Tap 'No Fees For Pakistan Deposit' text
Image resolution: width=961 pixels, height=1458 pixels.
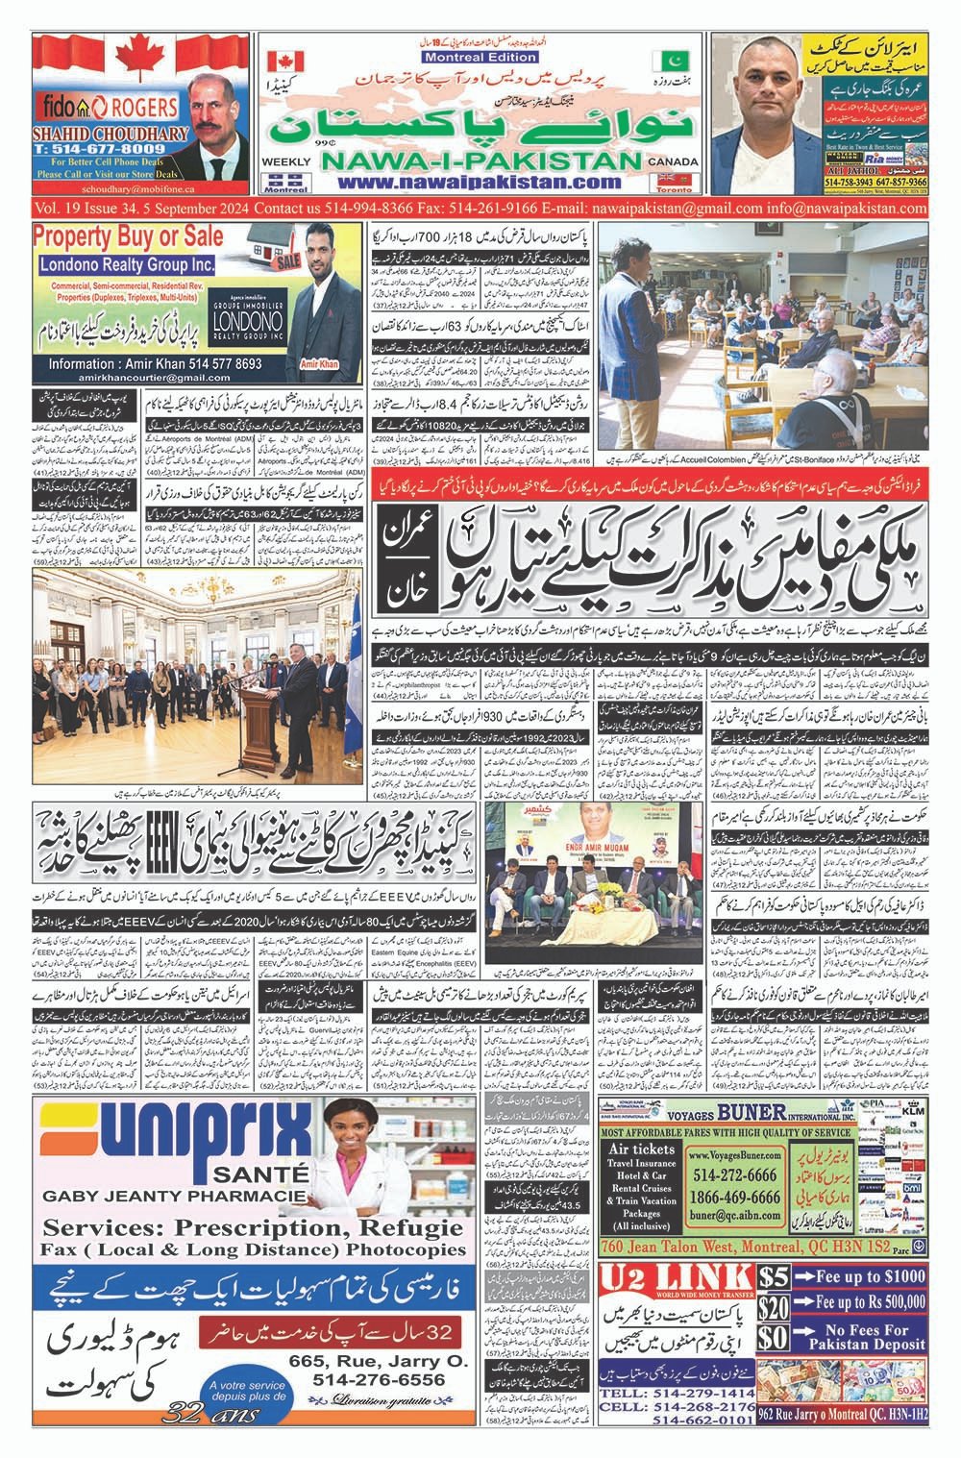tap(870, 1337)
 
